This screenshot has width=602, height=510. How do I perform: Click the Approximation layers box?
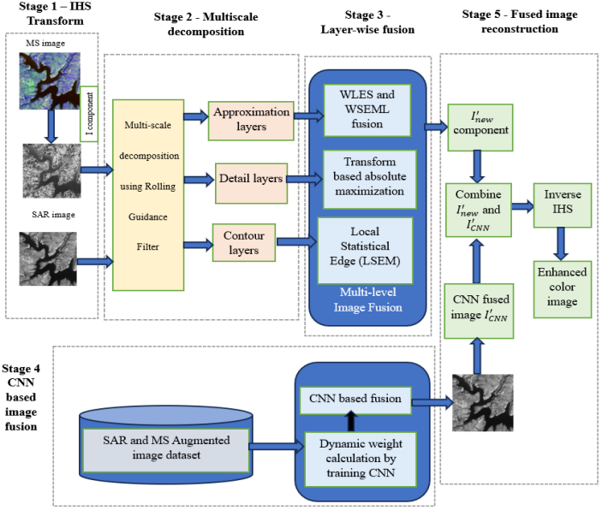click(251, 121)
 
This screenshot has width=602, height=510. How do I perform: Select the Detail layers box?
click(251, 183)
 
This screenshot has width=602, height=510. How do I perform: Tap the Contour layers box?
click(244, 242)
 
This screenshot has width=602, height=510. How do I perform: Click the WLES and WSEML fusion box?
click(367, 110)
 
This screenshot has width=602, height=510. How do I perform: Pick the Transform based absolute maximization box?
click(369, 179)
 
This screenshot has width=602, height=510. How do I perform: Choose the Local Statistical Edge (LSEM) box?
click(365, 251)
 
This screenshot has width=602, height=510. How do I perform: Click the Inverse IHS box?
click(563, 205)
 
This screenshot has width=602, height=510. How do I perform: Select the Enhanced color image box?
click(563, 289)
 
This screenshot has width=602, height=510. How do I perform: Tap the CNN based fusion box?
click(355, 400)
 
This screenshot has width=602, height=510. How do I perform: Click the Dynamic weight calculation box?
click(361, 460)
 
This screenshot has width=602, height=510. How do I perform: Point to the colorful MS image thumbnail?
click(50, 81)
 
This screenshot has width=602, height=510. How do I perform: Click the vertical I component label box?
click(89, 114)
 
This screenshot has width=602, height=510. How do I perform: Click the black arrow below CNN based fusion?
click(350, 421)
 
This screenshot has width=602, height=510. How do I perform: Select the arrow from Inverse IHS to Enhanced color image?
click(561, 244)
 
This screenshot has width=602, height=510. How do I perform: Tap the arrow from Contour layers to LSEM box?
click(297, 241)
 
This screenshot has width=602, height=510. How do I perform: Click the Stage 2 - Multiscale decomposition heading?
click(206, 24)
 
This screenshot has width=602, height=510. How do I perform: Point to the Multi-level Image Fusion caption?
click(368, 299)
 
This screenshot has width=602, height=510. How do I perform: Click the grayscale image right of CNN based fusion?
click(483, 403)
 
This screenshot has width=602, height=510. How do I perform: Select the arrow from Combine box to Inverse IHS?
click(522, 206)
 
